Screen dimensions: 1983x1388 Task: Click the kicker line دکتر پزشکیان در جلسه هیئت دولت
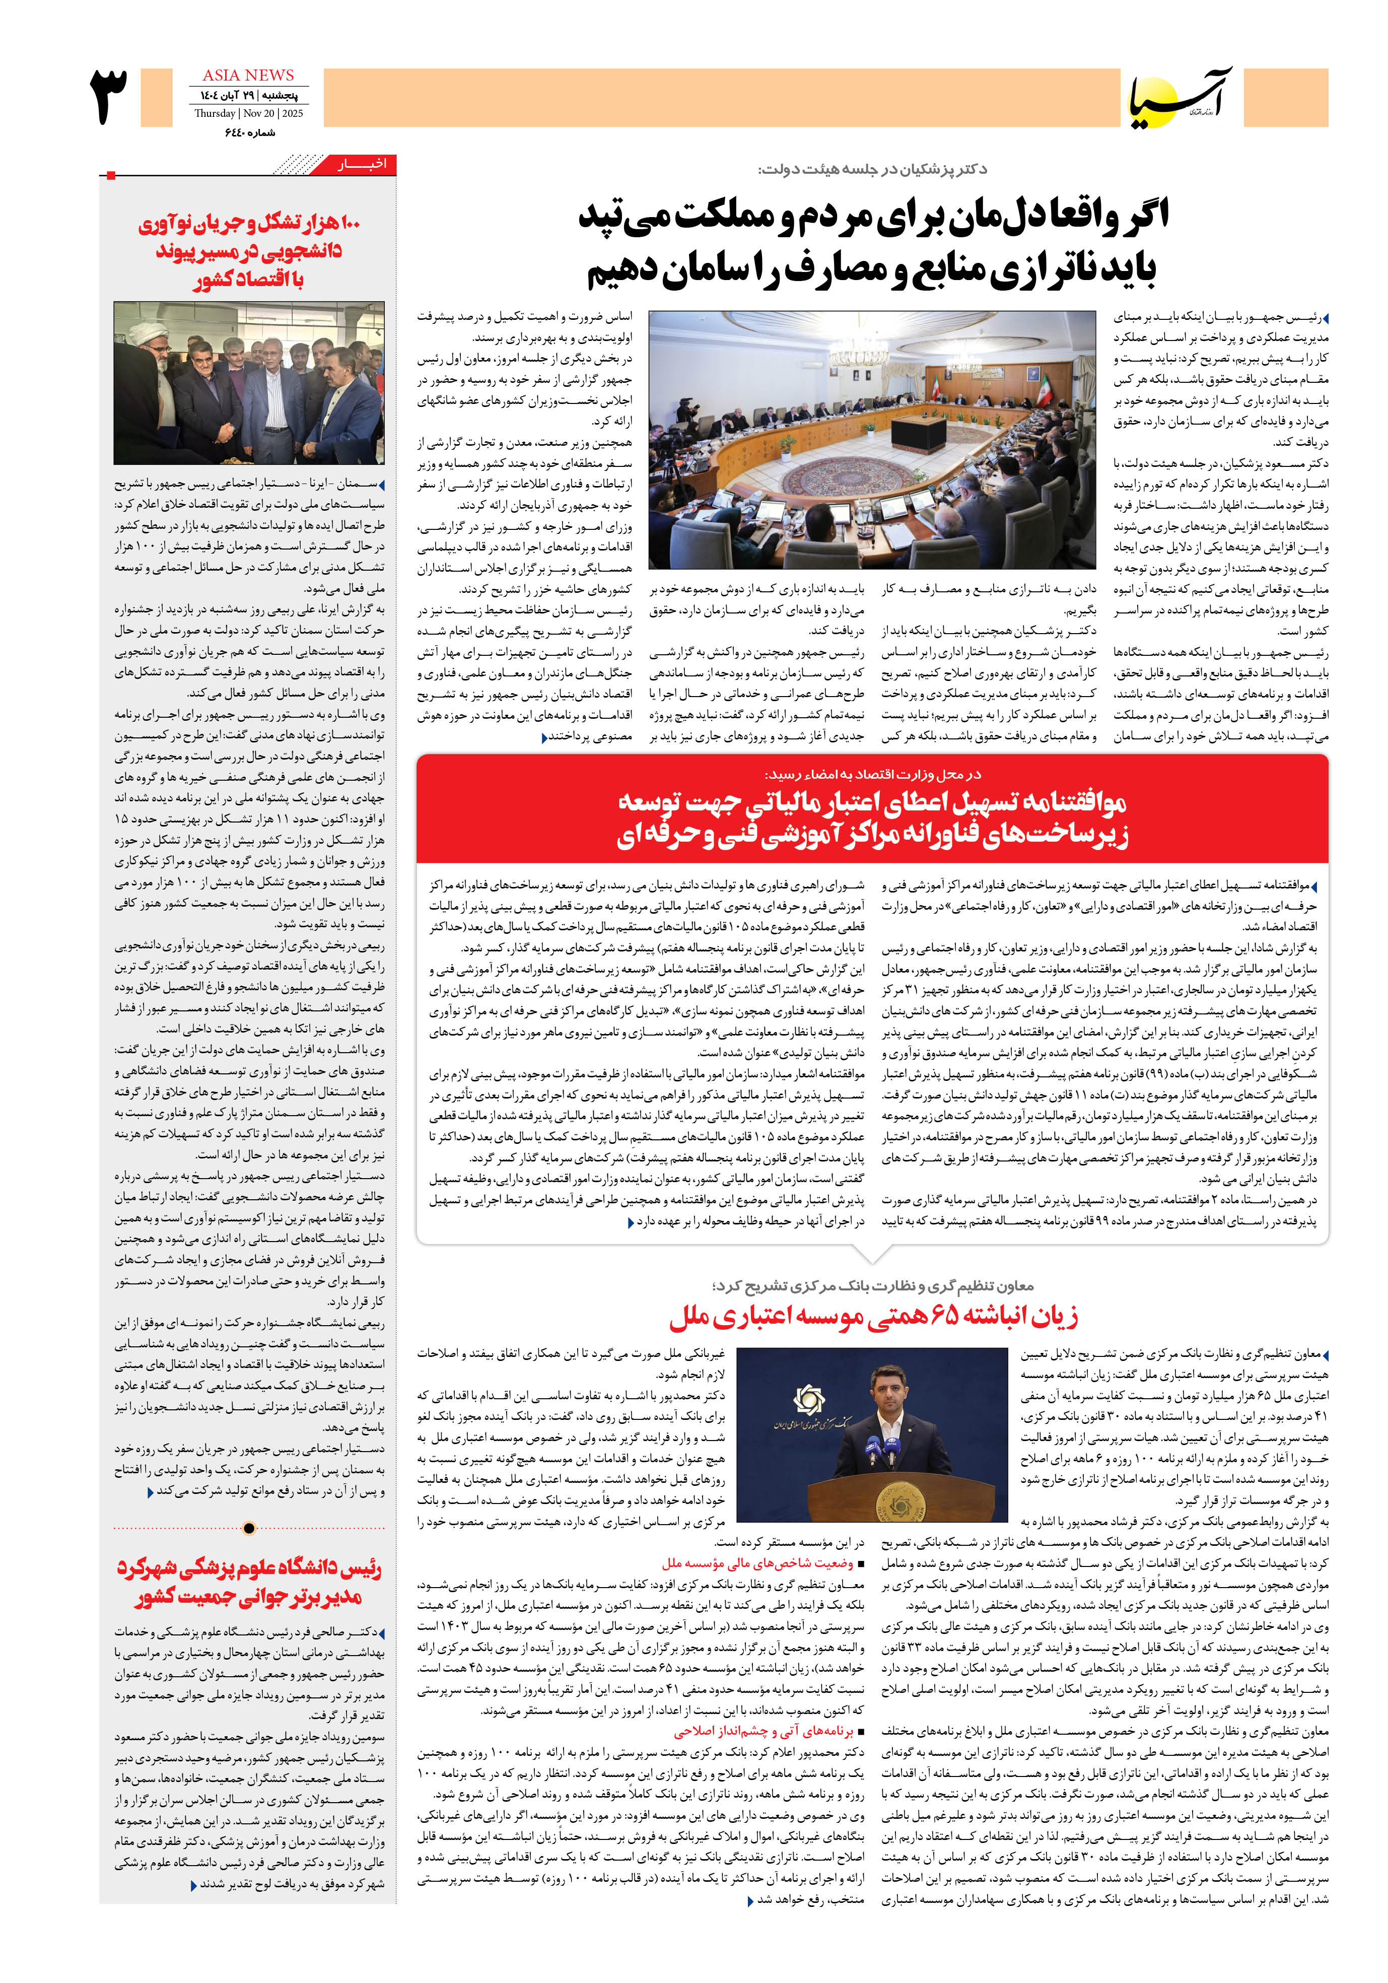[x=872, y=169]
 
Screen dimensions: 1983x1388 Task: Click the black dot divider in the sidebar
[x=250, y=1528]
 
